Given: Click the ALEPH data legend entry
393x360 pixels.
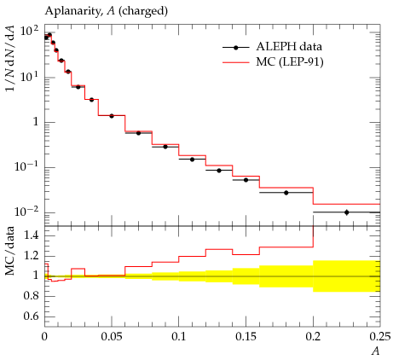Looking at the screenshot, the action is (x=272, y=47).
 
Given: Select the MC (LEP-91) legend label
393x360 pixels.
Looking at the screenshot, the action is (x=290, y=61).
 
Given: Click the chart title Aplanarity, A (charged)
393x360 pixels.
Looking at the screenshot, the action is (x=107, y=11).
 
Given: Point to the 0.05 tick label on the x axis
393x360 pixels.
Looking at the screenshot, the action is (x=112, y=337).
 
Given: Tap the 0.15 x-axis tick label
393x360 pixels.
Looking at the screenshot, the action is (x=246, y=337).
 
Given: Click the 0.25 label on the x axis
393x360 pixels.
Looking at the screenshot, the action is (x=380, y=337).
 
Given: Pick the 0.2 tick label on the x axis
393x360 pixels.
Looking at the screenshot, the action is (x=313, y=337).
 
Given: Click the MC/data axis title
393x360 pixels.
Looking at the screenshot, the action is (x=10, y=251).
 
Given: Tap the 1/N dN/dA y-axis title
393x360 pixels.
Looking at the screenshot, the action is (x=10, y=58).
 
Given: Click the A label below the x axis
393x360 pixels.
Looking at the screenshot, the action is (x=376, y=351).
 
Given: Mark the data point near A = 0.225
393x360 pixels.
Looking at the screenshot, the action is (x=346, y=212).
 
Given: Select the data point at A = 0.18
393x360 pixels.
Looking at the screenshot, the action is (x=286, y=193).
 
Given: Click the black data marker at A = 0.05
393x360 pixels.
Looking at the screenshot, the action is (x=112, y=116).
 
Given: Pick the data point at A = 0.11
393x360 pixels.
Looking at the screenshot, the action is (x=192, y=160).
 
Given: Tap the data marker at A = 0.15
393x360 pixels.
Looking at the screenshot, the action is (x=246, y=180).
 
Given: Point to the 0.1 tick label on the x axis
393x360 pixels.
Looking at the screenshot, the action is (x=178, y=337).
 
